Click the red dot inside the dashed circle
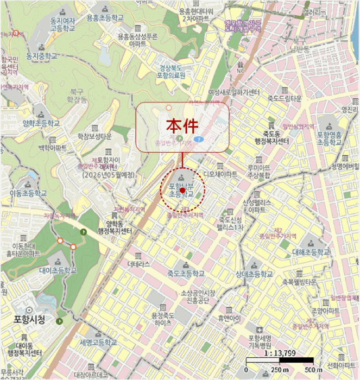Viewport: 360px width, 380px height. point(183,191)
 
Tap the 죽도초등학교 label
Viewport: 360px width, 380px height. point(186,274)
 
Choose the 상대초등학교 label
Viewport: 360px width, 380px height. point(254,275)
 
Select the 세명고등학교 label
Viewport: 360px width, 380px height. point(98,343)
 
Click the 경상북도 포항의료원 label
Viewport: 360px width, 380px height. point(172,72)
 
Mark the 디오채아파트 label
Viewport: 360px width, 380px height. point(220,175)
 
